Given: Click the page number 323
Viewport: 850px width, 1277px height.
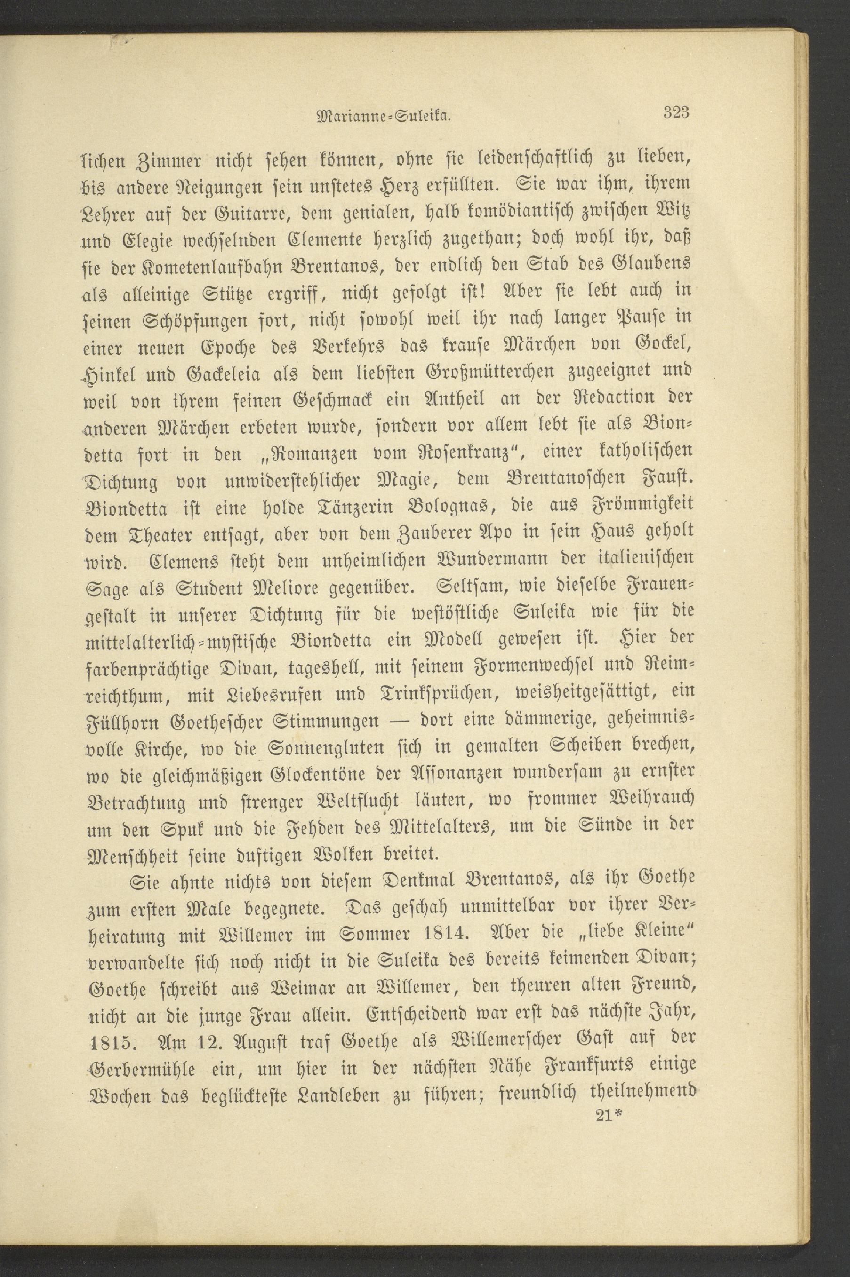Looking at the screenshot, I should (x=675, y=113).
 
